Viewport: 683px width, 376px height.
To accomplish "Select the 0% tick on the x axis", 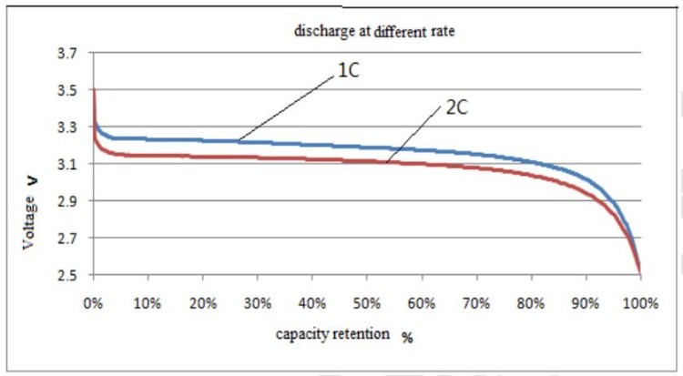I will coord(94,301).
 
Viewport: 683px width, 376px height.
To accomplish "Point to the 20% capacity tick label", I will coord(203,301).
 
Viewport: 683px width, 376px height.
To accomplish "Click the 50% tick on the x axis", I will coord(367,301).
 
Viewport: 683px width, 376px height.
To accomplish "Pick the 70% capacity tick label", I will coord(476,301).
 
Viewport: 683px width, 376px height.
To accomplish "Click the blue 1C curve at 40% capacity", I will coord(312,144).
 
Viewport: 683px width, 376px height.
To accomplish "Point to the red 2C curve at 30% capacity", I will coord(258,158).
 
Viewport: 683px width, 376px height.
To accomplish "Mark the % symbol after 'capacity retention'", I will coord(407,337).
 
